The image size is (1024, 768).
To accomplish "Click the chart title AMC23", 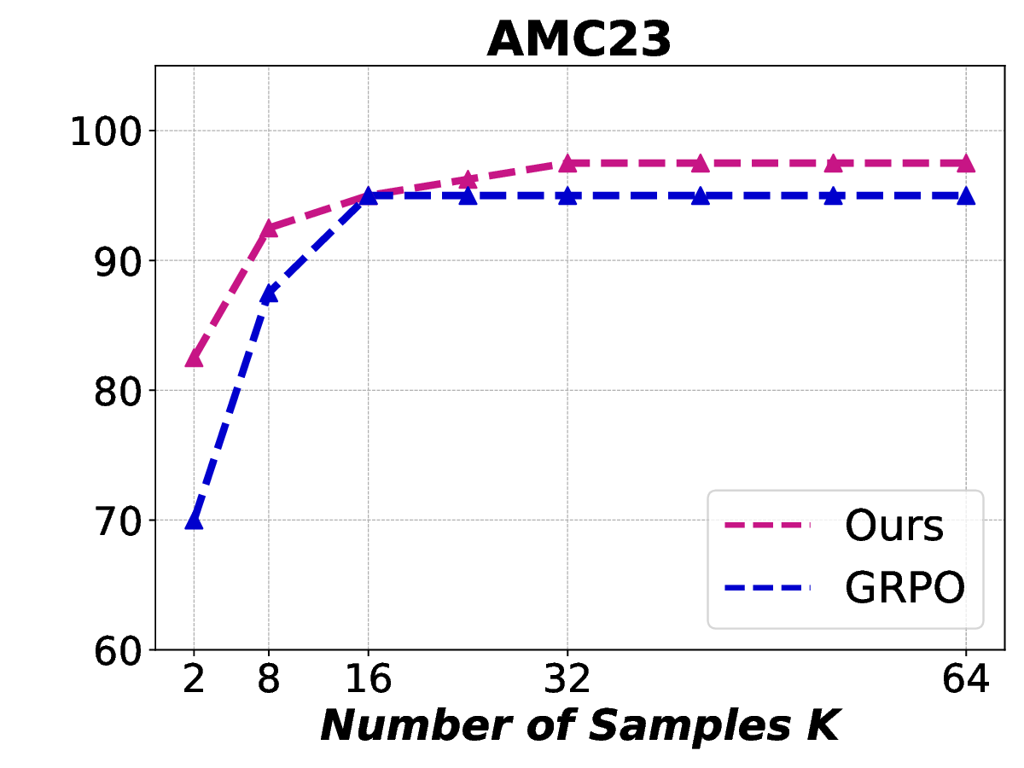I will click(579, 40).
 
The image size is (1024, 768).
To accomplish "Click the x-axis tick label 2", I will click(194, 680).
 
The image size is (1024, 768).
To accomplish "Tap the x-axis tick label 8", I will click(269, 680).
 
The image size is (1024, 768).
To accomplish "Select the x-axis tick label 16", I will click(368, 680).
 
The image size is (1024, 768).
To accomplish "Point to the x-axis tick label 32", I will click(567, 680).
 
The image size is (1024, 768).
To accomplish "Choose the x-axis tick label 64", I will click(966, 680).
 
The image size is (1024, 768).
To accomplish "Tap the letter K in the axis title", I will click(824, 724).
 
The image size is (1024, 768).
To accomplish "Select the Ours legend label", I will click(893, 527).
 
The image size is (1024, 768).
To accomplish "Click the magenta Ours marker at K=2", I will click(194, 358).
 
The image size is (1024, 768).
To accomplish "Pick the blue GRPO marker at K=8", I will click(269, 294).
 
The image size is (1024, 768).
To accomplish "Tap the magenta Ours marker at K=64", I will click(966, 163).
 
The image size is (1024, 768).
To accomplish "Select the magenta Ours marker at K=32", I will click(567, 163).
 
